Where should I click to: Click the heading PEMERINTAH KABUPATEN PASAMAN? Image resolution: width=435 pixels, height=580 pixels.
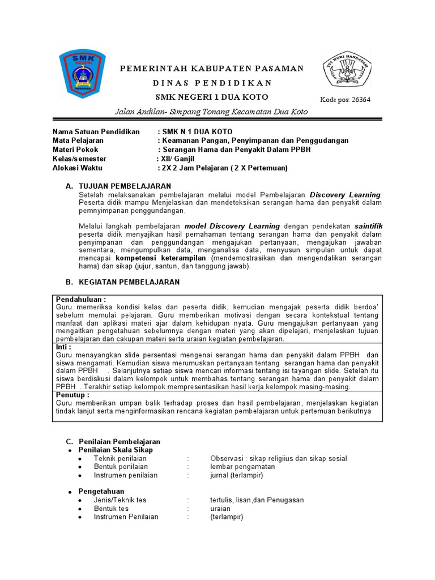[x=212, y=69]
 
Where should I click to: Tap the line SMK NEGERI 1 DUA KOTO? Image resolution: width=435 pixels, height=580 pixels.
[x=211, y=97]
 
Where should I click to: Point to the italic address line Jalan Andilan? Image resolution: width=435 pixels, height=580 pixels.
[x=211, y=112]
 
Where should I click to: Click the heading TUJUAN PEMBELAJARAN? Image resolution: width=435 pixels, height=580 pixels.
[x=123, y=186]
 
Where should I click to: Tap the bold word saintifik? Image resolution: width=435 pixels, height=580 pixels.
[x=368, y=226]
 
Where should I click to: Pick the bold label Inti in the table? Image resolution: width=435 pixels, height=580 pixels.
[x=63, y=347]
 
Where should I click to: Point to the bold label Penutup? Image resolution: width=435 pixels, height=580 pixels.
[x=72, y=394]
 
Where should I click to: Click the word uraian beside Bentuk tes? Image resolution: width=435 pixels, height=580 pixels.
[x=220, y=509]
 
